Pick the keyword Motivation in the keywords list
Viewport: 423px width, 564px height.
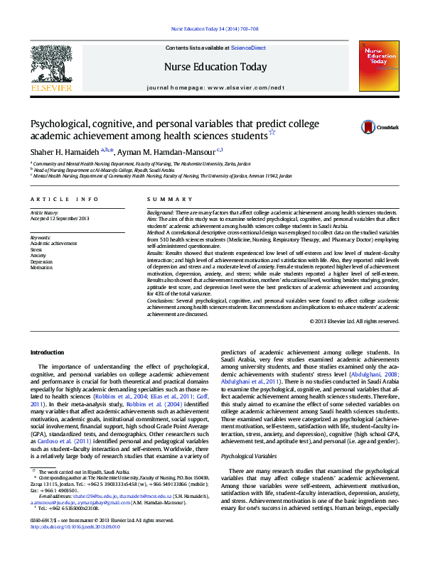point(42,268)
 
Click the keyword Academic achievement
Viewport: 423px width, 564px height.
point(53,243)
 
